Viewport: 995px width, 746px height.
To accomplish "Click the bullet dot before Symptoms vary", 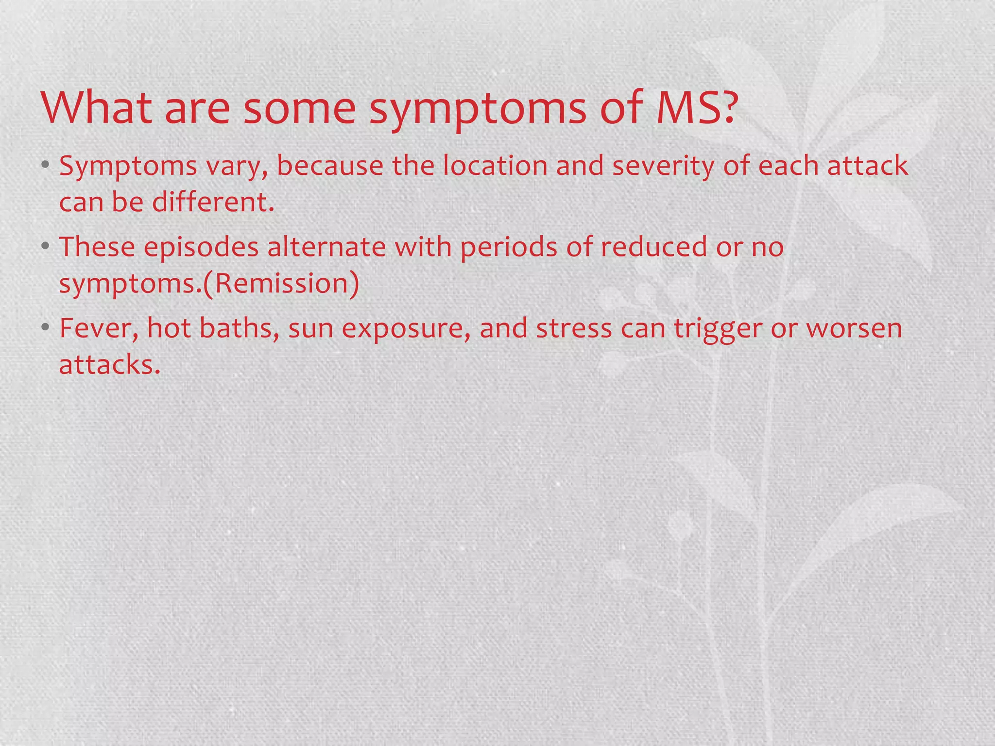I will [45, 165].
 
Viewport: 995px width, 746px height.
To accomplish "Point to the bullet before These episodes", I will [45, 246].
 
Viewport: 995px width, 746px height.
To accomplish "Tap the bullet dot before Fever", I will [45, 328].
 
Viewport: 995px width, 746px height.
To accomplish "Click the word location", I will [495, 166].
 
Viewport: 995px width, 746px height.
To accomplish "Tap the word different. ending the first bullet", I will [213, 202].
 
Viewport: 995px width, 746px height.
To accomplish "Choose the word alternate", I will [326, 247].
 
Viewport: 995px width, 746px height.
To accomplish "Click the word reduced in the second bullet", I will [654, 247].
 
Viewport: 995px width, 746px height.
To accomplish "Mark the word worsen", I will [854, 328].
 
